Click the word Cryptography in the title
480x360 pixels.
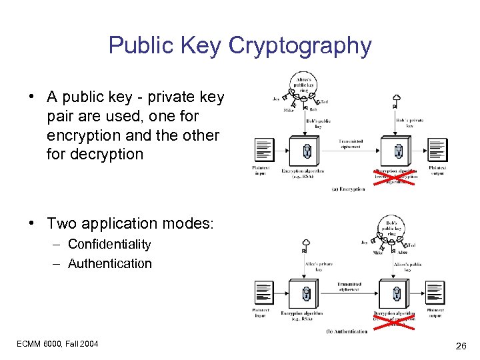[300, 45]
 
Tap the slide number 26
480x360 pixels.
[460, 346]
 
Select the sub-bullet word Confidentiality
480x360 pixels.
[109, 245]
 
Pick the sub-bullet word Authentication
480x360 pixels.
[110, 263]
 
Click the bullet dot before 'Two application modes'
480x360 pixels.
[31, 223]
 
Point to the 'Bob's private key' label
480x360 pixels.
[409, 123]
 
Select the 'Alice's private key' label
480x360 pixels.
[319, 267]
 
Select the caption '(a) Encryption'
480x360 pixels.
[348, 189]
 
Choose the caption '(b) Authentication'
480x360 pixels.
[347, 331]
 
